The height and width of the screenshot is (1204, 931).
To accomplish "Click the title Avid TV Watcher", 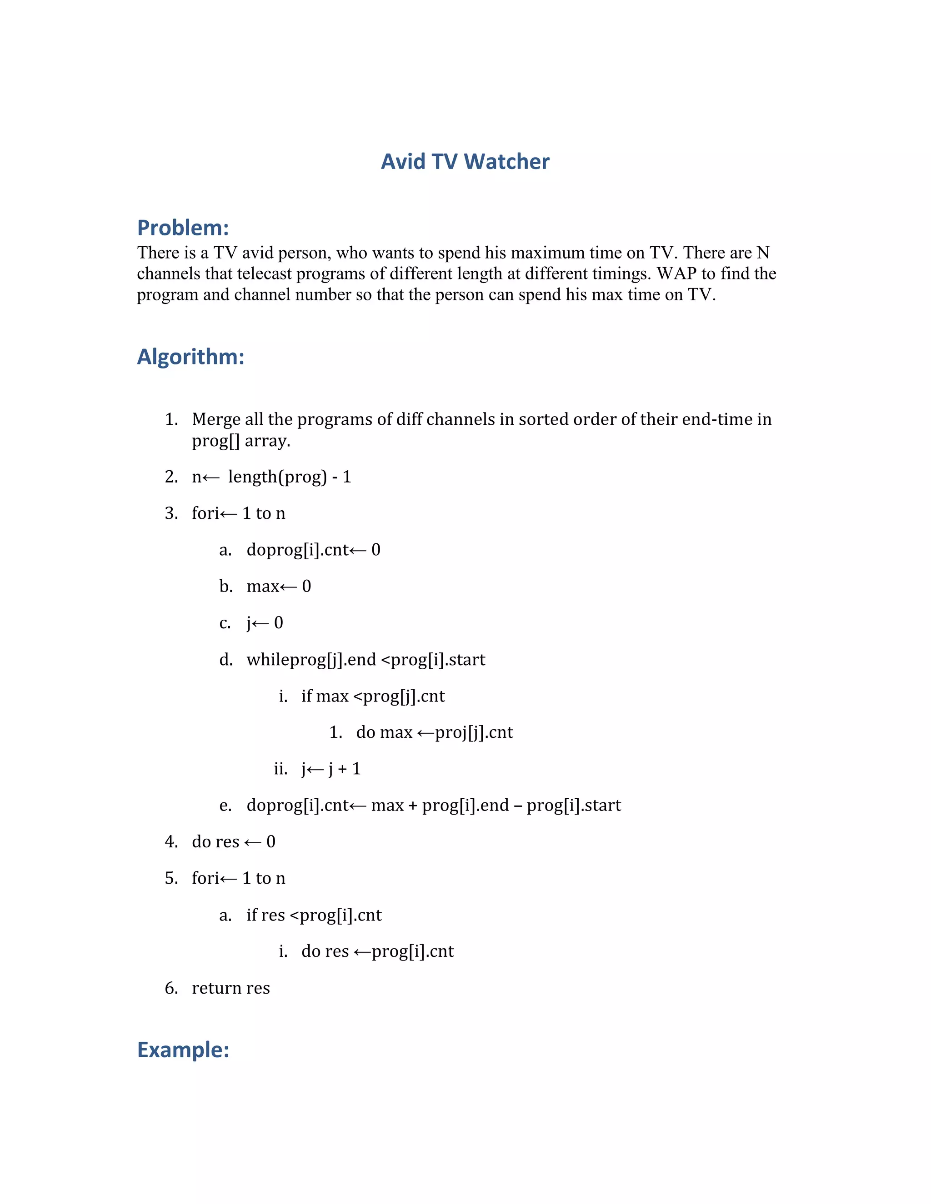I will (465, 162).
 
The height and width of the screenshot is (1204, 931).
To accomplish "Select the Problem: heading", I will (183, 228).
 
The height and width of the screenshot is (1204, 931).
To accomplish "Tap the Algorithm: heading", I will (190, 357).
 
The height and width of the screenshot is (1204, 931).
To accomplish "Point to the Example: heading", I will (183, 1050).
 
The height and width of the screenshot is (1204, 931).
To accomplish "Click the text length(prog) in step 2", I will (277, 477).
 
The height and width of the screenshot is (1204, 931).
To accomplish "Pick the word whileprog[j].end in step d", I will (311, 660).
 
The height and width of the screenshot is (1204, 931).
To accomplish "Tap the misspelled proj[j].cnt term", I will (474, 733).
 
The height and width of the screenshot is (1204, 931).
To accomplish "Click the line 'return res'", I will (230, 988).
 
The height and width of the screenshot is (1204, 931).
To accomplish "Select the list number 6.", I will (171, 988).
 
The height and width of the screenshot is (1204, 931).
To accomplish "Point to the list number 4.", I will (171, 842).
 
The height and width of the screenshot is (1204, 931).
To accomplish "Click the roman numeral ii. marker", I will (281, 769).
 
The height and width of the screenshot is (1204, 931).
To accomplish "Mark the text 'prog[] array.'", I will (241, 441).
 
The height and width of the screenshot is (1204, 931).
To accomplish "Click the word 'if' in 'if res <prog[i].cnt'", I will (251, 915).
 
